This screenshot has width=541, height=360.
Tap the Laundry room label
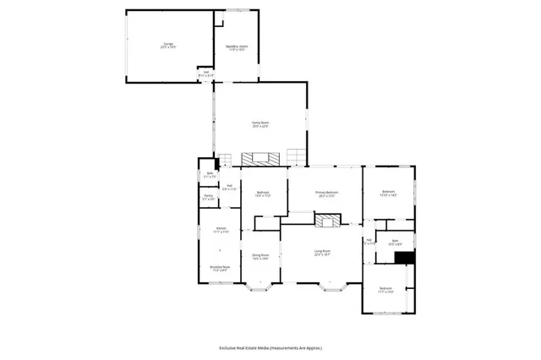[236, 48]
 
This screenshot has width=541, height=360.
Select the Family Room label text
[260, 125]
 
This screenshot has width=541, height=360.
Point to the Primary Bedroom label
[327, 194]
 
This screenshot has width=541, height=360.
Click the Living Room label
[322, 253]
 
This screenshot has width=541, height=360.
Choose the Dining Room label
[260, 257]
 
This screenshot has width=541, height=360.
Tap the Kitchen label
[221, 231]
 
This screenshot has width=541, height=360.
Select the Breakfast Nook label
[221, 269]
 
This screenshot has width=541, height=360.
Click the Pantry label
[208, 198]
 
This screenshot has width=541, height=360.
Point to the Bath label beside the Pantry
[210, 175]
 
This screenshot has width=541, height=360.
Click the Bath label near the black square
[395, 243]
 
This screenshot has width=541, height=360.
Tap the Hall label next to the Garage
[203, 75]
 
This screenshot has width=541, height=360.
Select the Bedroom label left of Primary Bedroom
[262, 194]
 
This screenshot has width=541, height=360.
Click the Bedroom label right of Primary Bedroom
[388, 194]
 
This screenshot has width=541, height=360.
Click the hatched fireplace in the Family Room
[260, 158]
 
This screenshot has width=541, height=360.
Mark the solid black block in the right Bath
[405, 258]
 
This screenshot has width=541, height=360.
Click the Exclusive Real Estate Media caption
[270, 347]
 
